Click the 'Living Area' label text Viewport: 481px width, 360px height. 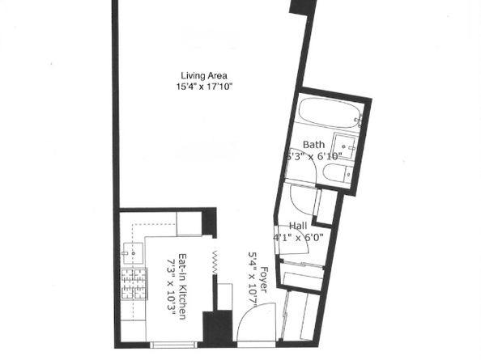[x=202, y=76]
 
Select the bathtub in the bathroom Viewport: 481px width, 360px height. [x=328, y=116]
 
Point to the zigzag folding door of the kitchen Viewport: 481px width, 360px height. [x=215, y=260]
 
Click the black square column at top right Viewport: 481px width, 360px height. [x=302, y=6]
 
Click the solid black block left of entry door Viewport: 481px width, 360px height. [x=217, y=328]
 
